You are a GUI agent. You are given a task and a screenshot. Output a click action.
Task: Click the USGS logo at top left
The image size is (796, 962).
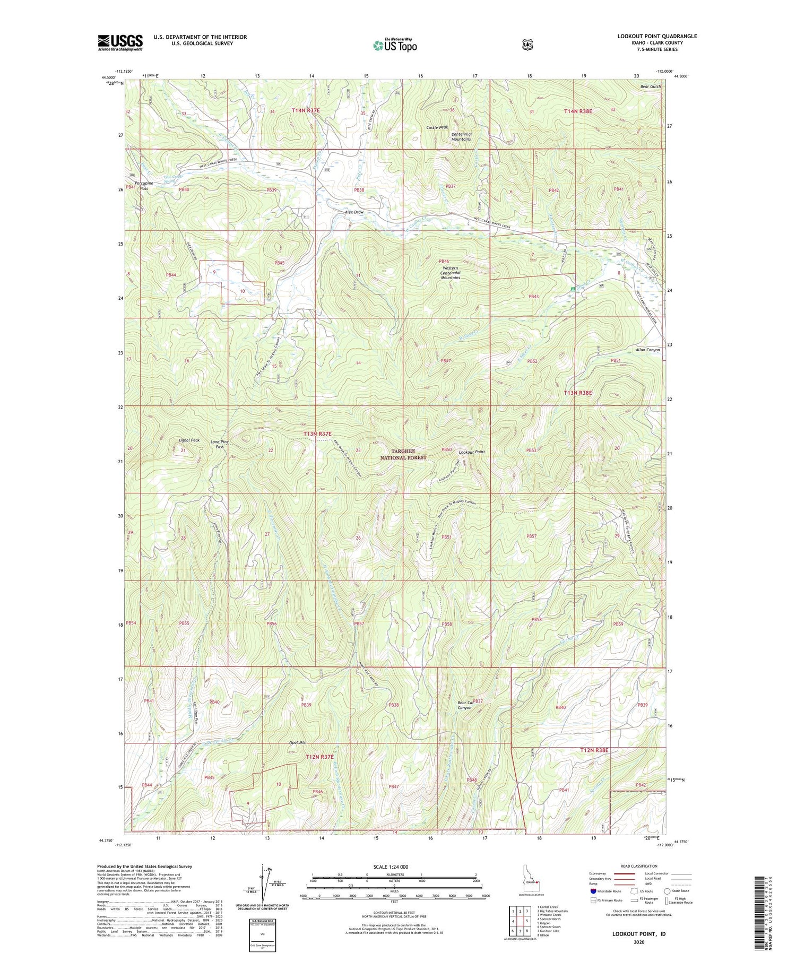tap(120, 42)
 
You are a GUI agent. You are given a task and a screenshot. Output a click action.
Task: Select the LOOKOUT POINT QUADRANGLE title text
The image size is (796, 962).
tap(657, 36)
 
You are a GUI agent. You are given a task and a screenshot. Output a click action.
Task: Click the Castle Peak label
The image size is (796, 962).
tap(437, 127)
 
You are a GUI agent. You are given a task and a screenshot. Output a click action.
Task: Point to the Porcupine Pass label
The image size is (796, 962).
tap(144, 186)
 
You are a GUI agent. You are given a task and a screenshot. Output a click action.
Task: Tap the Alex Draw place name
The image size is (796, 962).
tap(354, 212)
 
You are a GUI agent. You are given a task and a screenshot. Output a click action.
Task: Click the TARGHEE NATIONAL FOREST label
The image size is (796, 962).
tap(403, 454)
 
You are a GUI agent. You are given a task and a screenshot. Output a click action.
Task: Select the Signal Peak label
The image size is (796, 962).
tap(188, 440)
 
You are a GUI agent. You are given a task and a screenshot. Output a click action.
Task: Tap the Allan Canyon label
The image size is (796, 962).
tap(647, 350)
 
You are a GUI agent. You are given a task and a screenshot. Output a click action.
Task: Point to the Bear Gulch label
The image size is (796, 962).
tap(651, 86)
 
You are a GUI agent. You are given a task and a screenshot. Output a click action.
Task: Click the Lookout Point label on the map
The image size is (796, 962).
tap(472, 452)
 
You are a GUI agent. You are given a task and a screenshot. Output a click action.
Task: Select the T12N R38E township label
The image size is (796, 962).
tap(594, 750)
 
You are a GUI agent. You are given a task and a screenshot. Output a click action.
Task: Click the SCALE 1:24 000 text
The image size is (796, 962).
tap(394, 866)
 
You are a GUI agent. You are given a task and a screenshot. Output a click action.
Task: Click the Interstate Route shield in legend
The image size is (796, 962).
tap(593, 891)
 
